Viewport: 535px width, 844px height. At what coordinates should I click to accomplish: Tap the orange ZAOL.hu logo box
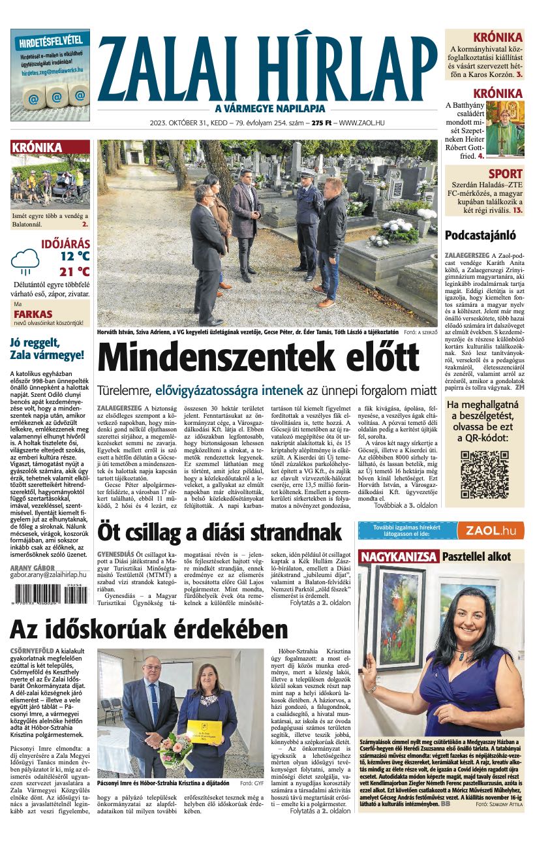pos(490,531)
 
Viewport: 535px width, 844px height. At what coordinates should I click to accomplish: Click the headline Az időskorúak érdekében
pos(149,629)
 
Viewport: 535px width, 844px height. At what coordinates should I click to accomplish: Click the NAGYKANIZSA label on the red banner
pos(399,557)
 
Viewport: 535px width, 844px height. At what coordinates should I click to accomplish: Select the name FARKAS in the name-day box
pos(33,314)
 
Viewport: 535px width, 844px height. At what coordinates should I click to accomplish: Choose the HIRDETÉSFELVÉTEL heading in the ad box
pos(50,40)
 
